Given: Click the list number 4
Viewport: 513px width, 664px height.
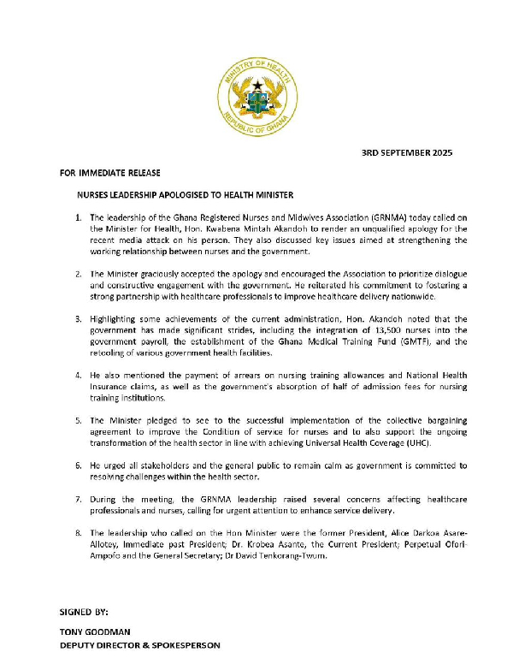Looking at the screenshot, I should (x=79, y=376).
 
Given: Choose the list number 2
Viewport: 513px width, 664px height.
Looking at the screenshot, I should (x=79, y=274).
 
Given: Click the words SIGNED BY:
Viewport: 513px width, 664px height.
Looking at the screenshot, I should (x=84, y=613).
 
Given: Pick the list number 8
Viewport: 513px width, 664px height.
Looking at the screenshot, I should (x=79, y=531).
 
